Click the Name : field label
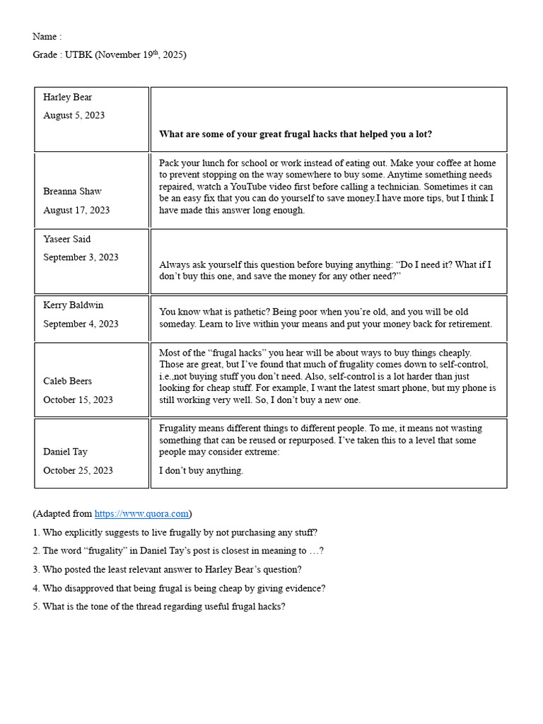point(47,37)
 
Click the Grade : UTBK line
point(109,55)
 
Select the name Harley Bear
point(67,98)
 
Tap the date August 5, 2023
point(74,115)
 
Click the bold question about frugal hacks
point(296,134)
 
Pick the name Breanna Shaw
point(72,192)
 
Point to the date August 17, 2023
point(76,210)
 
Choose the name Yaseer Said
point(66,239)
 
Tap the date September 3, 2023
point(81,257)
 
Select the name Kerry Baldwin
point(73,305)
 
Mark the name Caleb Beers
point(67,382)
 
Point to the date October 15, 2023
point(78,399)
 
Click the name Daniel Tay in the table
point(65,452)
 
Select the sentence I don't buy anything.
point(201,471)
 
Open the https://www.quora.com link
point(141,514)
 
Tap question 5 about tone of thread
point(158,607)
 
